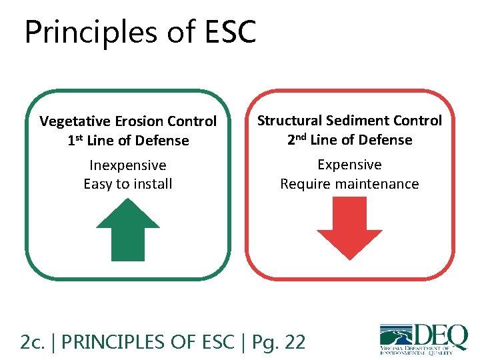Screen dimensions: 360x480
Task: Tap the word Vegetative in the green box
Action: (73, 121)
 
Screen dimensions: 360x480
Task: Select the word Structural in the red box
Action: (290, 121)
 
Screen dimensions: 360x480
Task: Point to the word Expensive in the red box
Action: (349, 165)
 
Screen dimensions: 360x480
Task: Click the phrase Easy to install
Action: (128, 184)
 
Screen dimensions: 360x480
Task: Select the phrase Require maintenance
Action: (349, 184)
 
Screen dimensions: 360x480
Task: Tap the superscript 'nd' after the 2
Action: (301, 137)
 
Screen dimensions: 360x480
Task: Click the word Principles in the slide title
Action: (89, 32)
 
